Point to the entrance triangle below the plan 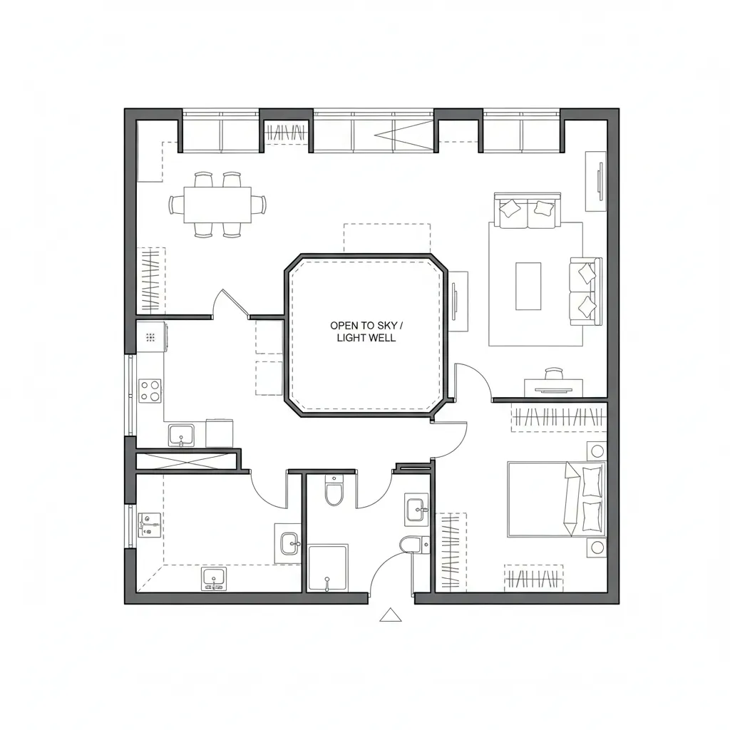tap(390, 615)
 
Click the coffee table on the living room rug tap(528, 286)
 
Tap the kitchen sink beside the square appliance tap(180, 434)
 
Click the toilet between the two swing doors tap(334, 491)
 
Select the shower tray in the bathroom tap(328, 567)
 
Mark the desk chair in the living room tap(554, 374)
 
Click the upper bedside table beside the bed tap(596, 451)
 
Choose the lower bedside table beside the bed tap(596, 547)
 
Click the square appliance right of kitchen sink tap(219, 433)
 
